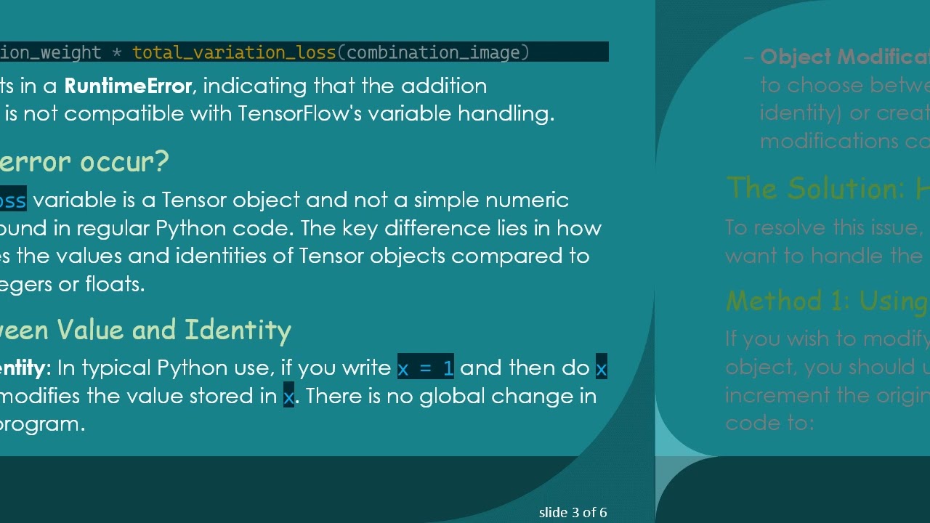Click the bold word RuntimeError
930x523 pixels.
(x=128, y=86)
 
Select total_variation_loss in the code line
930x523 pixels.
(x=234, y=52)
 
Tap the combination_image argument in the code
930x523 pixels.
(x=434, y=52)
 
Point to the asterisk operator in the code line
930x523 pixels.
(x=116, y=52)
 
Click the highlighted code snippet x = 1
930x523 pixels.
(x=426, y=368)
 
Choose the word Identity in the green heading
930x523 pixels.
(x=238, y=330)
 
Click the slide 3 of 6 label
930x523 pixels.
(x=573, y=513)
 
